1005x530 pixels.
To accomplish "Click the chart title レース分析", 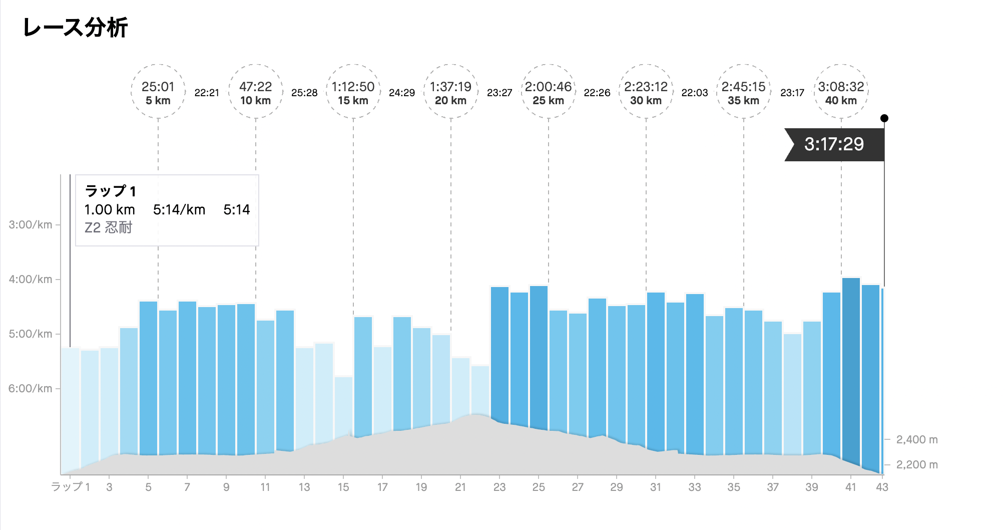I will coord(75,28).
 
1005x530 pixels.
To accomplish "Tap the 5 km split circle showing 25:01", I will coord(158,92).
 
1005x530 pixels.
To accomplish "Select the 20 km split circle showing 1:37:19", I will coord(450,92).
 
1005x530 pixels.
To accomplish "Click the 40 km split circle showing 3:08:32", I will coord(841,92).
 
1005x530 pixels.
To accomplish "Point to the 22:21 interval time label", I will coord(207,93).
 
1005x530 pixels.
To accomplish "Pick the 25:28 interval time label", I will coord(304,93).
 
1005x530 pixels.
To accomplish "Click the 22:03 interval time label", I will coord(695,93).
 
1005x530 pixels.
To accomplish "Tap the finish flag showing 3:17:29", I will coord(834,144).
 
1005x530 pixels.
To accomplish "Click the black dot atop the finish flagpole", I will coord(884,118).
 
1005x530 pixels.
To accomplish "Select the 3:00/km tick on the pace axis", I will coord(31,225).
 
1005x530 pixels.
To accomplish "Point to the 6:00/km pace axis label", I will coord(31,389).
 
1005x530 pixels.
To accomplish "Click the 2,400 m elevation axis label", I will coord(917,440).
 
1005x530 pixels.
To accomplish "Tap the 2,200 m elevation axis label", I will coord(917,465).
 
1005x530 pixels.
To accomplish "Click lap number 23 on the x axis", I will coord(499,487).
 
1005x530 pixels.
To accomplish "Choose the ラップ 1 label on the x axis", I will coord(71,487).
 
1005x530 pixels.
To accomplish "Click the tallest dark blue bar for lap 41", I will coord(851,371).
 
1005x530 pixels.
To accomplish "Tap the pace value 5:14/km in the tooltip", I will coord(179,210).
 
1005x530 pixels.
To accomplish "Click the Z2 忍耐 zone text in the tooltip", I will coord(108,228).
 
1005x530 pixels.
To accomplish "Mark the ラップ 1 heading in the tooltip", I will coord(110,191).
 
